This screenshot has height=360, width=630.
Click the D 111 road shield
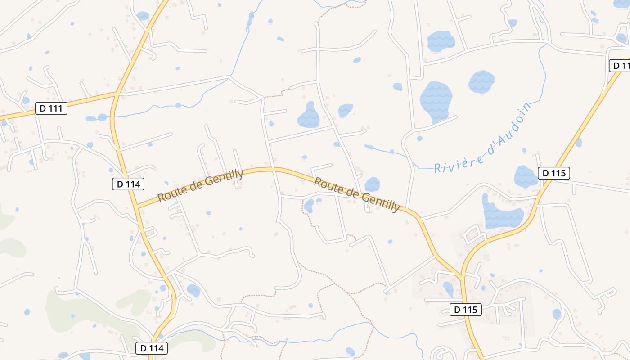(51, 108)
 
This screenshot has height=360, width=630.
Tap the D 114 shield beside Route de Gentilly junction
(128, 184)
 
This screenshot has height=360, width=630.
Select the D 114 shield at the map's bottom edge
(152, 348)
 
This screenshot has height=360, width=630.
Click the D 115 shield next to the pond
(553, 173)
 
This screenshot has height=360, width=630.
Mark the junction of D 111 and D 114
(117, 94)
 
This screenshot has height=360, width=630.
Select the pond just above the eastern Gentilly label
(372, 184)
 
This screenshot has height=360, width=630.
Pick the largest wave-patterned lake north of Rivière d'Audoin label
(435, 100)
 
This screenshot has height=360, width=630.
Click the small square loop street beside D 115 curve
(472, 234)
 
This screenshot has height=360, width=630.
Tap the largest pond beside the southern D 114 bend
(193, 290)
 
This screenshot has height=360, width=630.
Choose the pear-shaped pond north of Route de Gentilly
(309, 116)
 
